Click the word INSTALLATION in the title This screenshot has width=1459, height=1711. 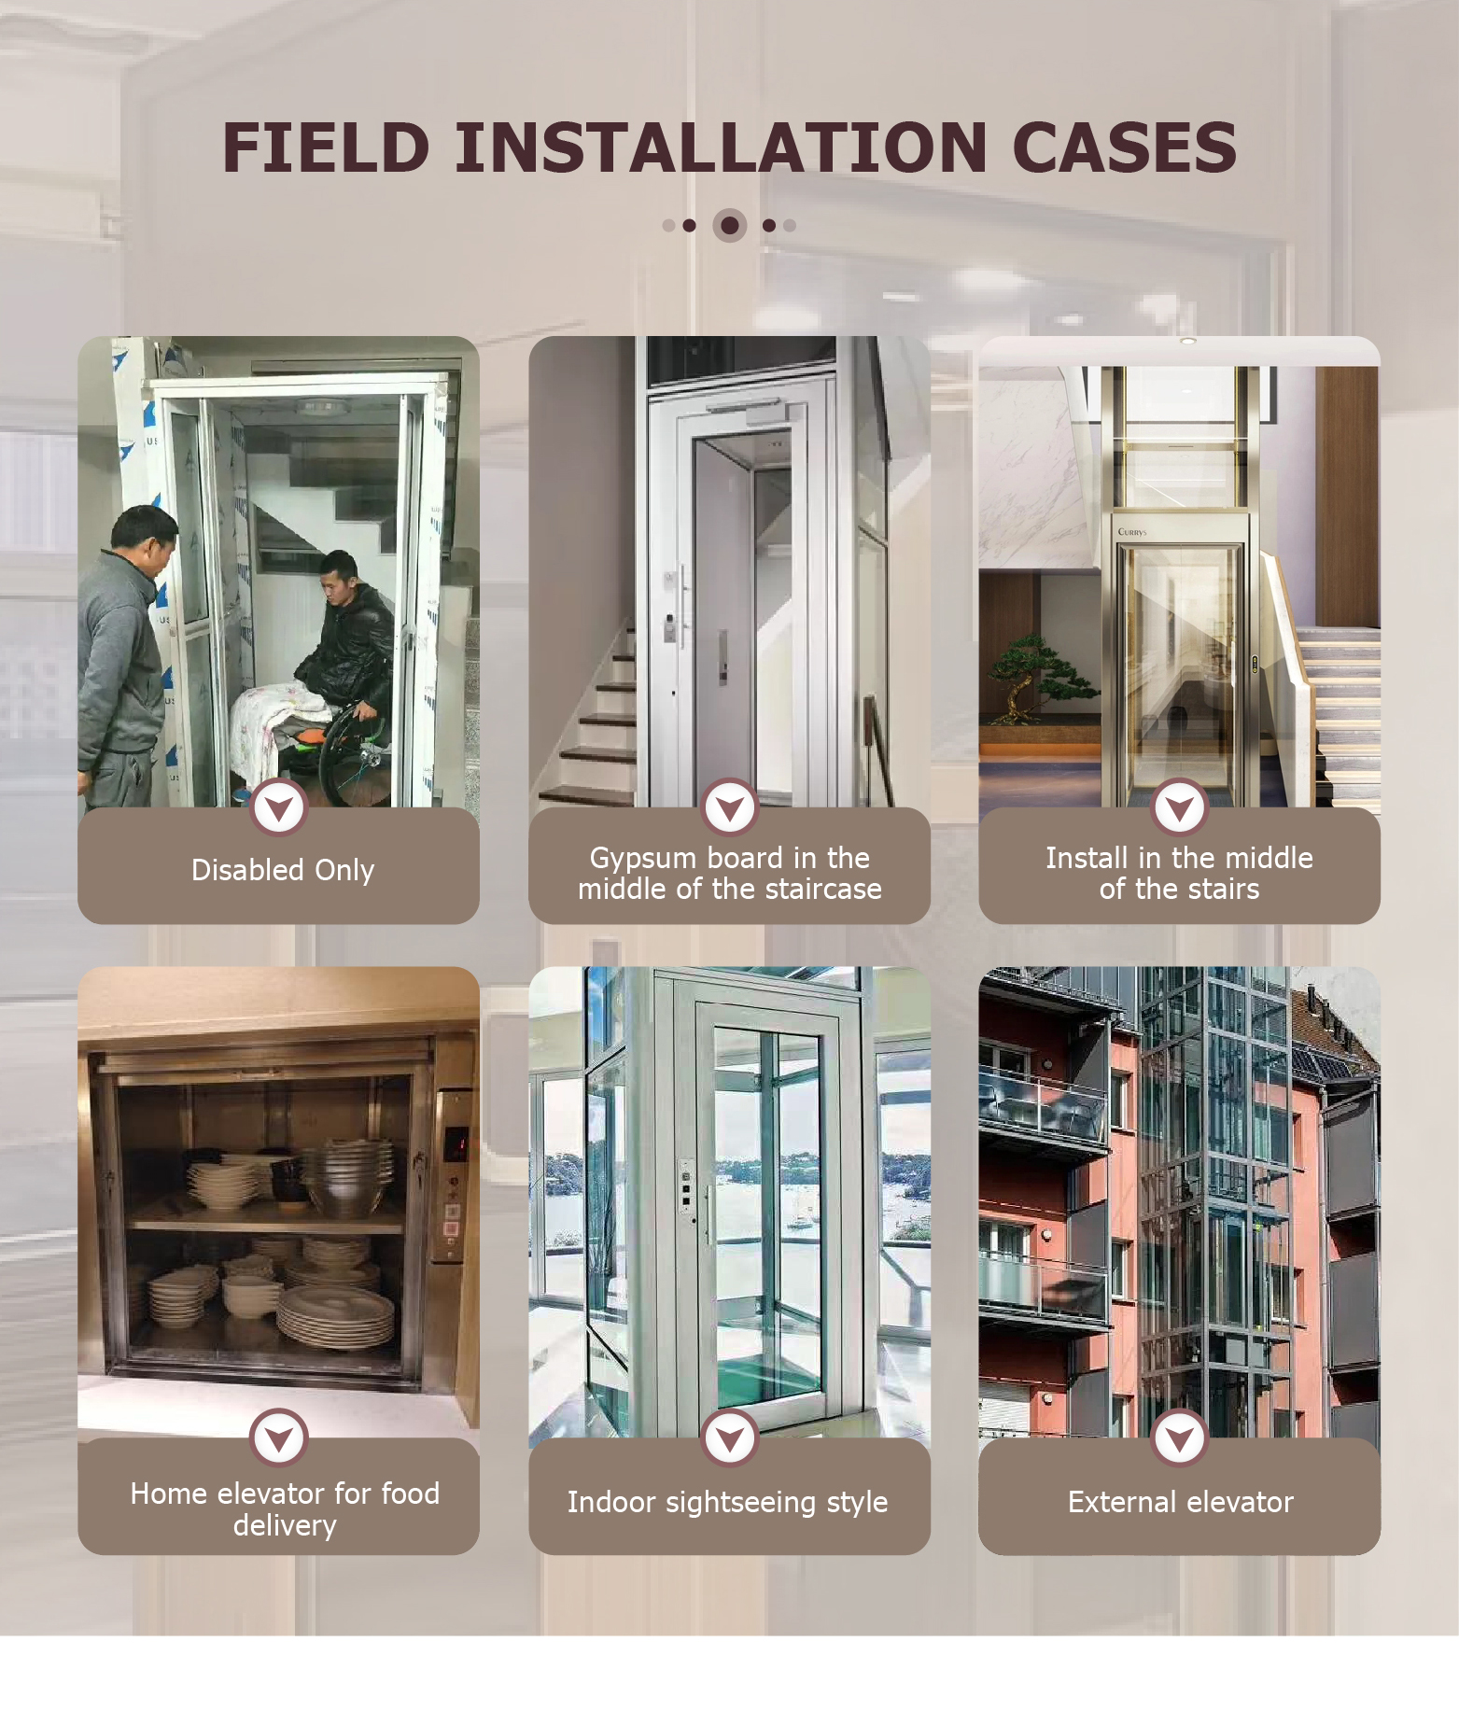[721, 147]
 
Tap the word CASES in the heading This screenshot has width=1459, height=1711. [1124, 147]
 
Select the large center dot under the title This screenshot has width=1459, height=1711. [730, 225]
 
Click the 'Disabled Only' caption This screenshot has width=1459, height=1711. [283, 870]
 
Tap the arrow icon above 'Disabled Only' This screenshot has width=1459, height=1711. [278, 807]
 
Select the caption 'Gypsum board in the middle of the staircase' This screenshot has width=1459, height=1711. [730, 874]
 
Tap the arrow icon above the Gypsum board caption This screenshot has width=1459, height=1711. [730, 807]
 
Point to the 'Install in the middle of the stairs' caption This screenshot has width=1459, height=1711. [1179, 874]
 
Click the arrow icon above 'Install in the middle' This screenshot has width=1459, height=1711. [1180, 807]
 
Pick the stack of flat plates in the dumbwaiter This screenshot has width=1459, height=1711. [336, 1316]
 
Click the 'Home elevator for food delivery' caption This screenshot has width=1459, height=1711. [285, 1509]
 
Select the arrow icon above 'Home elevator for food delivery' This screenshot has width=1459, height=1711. [278, 1438]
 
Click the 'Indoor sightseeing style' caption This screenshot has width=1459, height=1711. [728, 1502]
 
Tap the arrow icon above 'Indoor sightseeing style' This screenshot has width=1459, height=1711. [730, 1438]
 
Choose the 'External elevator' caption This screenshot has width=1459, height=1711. [1181, 1502]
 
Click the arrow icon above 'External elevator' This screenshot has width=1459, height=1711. [1180, 1438]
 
